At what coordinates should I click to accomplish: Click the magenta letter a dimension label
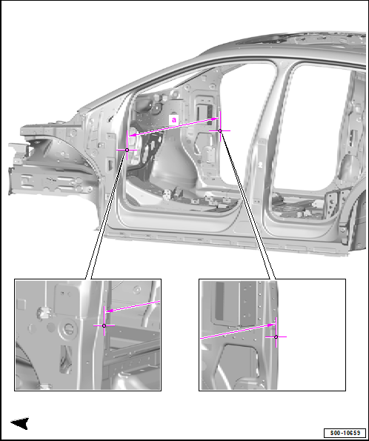click(x=174, y=120)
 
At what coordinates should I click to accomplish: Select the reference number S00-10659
click(x=345, y=433)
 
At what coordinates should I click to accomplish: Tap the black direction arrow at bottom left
click(x=20, y=423)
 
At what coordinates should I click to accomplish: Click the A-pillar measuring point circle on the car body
click(x=127, y=150)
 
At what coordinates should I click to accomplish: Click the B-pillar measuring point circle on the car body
click(x=220, y=130)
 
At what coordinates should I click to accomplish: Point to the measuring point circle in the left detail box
click(x=104, y=325)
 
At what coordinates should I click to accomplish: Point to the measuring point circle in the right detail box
click(x=276, y=336)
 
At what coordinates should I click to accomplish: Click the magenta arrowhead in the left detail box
click(x=109, y=311)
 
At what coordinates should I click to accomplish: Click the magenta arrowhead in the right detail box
click(x=271, y=325)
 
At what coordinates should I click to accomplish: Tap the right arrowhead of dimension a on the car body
click(x=215, y=119)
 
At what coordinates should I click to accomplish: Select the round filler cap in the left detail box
click(x=67, y=328)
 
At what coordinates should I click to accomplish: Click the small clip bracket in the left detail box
click(x=43, y=312)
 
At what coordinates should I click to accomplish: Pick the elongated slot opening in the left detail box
click(x=65, y=359)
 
